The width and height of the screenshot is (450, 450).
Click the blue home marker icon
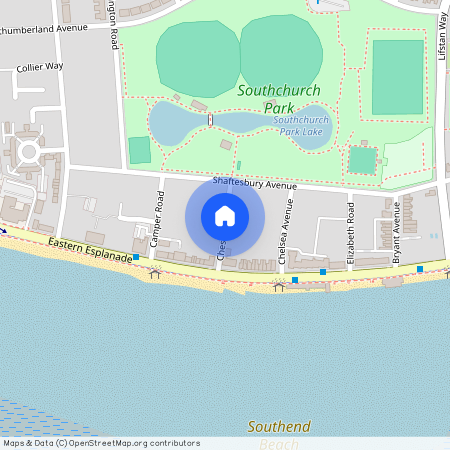tap(225, 216)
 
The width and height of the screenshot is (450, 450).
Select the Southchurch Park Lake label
tap(302, 126)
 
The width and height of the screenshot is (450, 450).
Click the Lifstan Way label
tap(442, 36)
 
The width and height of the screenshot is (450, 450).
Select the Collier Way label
tap(40, 68)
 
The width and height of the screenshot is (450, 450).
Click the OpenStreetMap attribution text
tap(101, 443)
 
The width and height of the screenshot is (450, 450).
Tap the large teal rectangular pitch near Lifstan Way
tap(397, 77)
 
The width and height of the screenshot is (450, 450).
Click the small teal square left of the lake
tap(139, 150)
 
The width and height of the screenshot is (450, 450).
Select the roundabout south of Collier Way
tap(28, 153)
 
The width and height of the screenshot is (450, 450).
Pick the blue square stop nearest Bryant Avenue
tap(420, 268)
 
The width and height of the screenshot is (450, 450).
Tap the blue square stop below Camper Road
tap(135, 257)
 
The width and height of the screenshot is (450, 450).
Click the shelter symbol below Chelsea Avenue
tap(279, 286)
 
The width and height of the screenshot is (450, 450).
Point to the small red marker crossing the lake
tap(210, 120)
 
